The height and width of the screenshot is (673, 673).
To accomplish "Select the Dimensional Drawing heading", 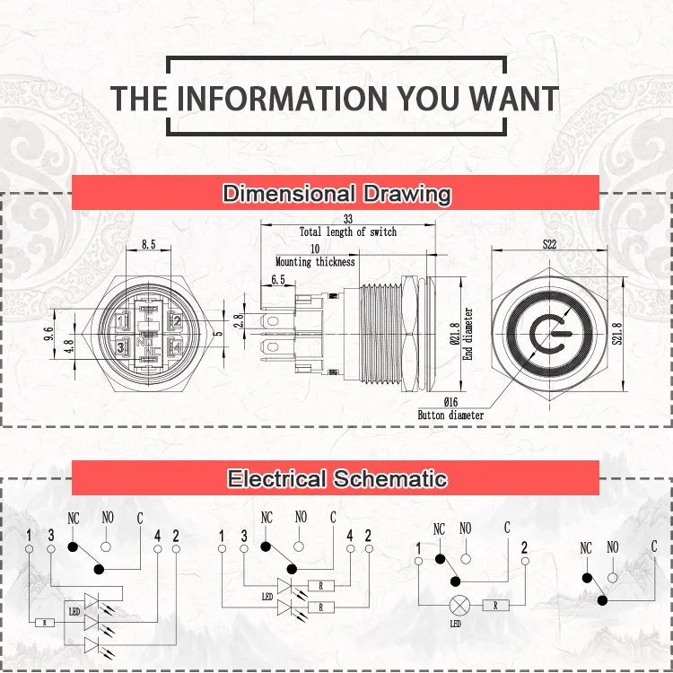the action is (336, 193).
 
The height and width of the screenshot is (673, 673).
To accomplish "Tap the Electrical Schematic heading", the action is (336, 478).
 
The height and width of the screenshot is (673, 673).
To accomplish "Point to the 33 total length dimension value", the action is (348, 220).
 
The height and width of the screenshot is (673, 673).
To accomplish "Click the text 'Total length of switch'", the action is (348, 232).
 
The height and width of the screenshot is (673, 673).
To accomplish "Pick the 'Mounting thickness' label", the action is (315, 262).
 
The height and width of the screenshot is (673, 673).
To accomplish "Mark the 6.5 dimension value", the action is (278, 280).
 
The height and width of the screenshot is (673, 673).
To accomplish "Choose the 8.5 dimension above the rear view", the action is (149, 244).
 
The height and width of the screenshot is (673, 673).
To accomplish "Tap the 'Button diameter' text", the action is (450, 415).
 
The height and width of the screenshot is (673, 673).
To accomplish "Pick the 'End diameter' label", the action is (468, 333).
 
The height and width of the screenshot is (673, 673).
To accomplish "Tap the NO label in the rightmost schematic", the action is (613, 546).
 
